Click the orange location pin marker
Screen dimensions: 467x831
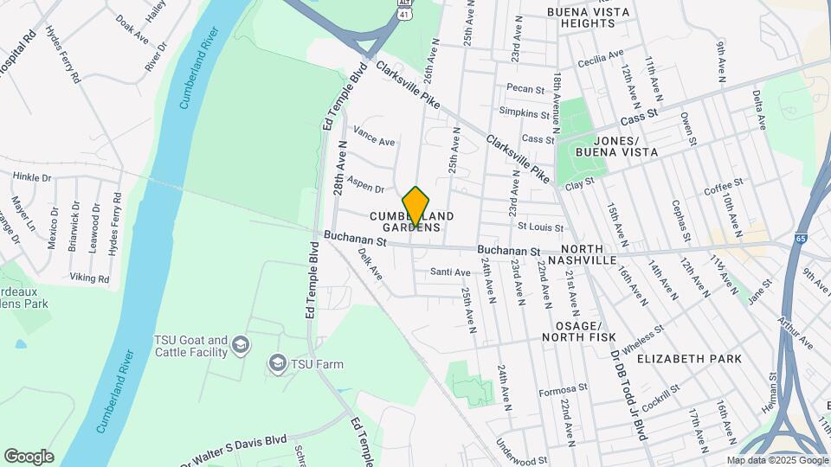point(416,207)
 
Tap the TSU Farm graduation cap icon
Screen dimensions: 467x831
point(277,363)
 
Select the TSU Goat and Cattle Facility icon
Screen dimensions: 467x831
point(241,346)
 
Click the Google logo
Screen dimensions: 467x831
point(29,457)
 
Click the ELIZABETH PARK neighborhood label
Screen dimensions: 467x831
point(689,358)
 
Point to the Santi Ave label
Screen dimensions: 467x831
point(451,272)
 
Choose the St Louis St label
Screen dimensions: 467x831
point(540,227)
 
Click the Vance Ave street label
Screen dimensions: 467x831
point(375,139)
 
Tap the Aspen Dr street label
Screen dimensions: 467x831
point(366,187)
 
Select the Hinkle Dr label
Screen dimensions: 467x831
point(33,177)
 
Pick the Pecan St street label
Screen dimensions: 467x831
point(525,88)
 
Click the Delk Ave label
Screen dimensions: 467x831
point(370,265)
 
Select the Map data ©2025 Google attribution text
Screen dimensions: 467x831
point(777,461)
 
